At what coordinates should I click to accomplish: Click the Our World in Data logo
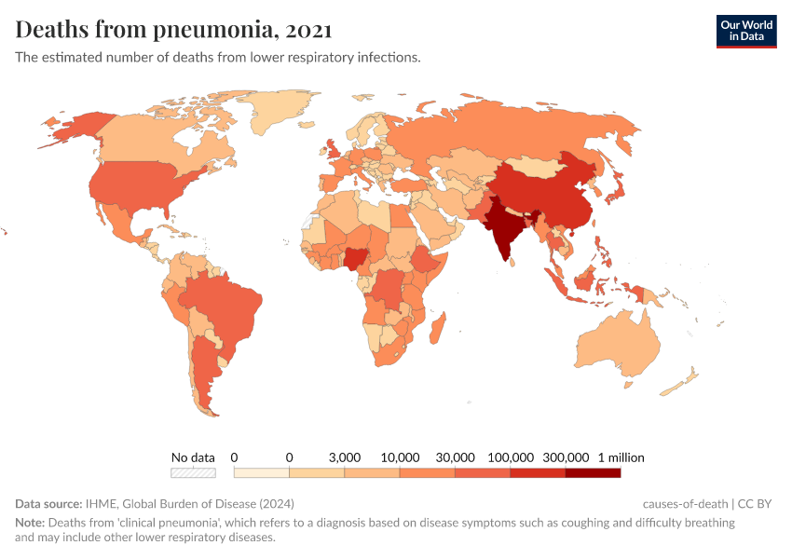click(x=745, y=31)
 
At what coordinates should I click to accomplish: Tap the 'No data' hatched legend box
click(x=193, y=473)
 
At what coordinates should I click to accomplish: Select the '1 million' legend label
click(x=621, y=457)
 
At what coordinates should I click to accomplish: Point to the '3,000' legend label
click(x=345, y=457)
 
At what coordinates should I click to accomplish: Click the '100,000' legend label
click(x=511, y=457)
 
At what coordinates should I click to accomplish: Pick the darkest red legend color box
click(x=593, y=473)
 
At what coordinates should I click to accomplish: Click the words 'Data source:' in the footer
click(x=48, y=504)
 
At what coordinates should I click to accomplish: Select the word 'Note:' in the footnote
click(x=31, y=523)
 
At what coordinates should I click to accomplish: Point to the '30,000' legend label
click(x=456, y=457)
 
